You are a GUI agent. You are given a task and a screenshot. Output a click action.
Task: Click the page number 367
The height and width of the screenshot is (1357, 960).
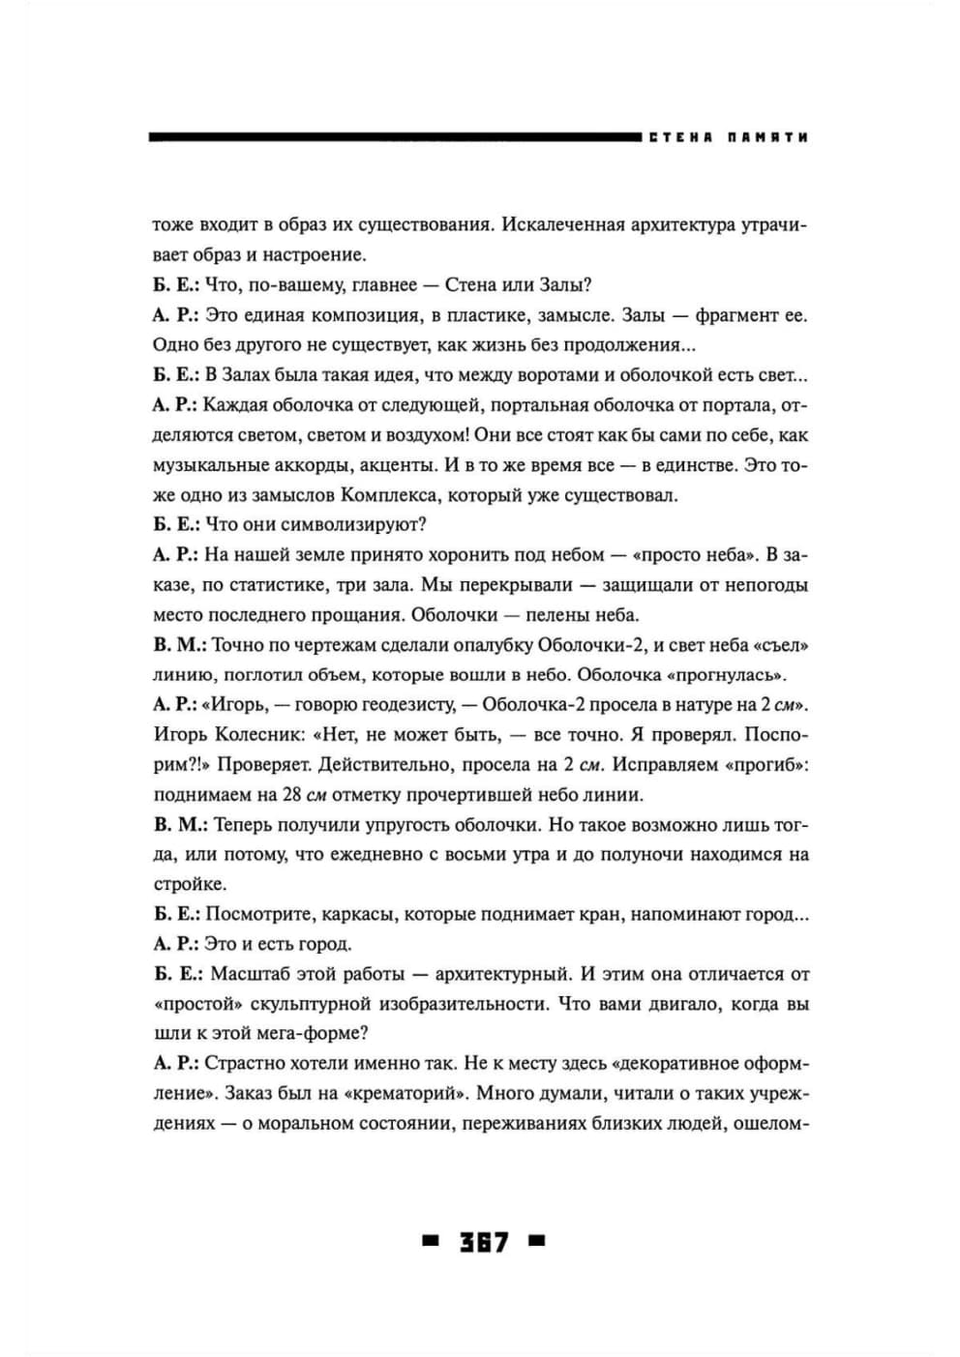[x=484, y=1242]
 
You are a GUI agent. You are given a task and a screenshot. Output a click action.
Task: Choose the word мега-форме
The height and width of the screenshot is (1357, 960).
[x=302, y=1033]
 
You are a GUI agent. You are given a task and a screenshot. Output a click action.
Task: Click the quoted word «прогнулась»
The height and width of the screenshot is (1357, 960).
[x=724, y=674]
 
